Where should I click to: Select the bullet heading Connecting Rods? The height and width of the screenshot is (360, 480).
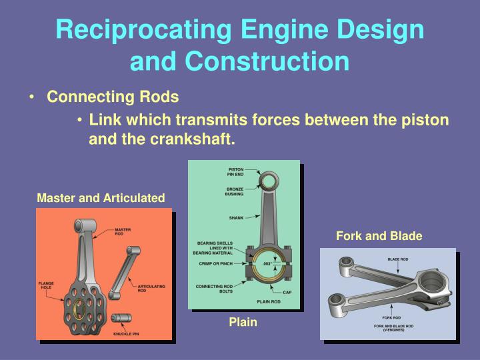tap(113, 97)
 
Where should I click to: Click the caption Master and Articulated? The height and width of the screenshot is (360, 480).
tap(101, 198)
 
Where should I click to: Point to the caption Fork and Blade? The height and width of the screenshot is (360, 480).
tap(379, 236)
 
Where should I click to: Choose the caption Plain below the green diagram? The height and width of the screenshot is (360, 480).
tap(243, 323)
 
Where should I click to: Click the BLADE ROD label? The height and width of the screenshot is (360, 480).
tap(398, 259)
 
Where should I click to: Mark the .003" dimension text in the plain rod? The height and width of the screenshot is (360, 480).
tap(268, 264)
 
